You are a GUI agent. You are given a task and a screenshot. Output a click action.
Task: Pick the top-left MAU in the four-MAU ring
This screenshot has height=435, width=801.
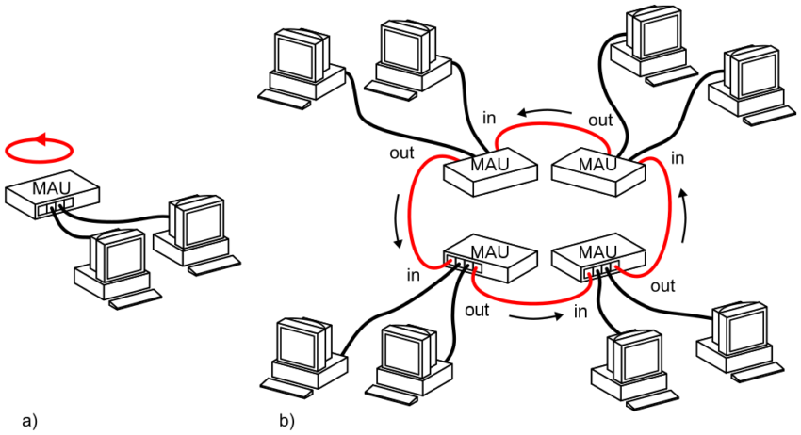point(490,172)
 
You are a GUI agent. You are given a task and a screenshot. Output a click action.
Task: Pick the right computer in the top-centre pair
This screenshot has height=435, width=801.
point(408,56)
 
